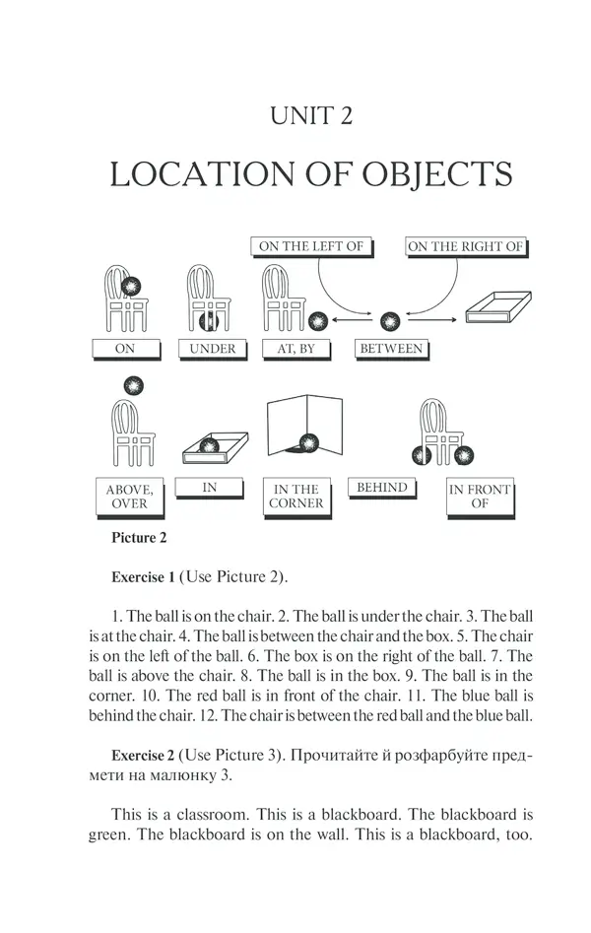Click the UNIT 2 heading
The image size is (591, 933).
pos(310,115)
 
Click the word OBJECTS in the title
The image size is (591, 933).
pos(437,174)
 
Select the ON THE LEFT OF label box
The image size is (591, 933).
pos(311,247)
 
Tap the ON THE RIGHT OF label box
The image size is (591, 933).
pos(466,247)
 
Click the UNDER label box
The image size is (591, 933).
pos(213,350)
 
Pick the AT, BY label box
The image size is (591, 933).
pos(296,350)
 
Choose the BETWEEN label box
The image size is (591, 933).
pos(392,350)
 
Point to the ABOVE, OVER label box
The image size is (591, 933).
pos(130,498)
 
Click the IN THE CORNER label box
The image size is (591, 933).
pos(297,498)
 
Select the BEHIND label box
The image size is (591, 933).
pos(382,488)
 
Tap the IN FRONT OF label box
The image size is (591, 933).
pos(481,498)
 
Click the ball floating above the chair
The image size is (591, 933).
pos(133,385)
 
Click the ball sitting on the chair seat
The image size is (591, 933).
pos(131,287)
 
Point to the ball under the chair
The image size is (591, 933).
pos(209,321)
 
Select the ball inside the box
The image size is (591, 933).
pos(209,445)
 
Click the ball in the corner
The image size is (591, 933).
pos(308,443)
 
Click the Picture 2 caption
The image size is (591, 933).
pos(139,538)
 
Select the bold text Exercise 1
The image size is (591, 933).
pos(143,577)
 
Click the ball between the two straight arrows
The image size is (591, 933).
pos(390,321)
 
